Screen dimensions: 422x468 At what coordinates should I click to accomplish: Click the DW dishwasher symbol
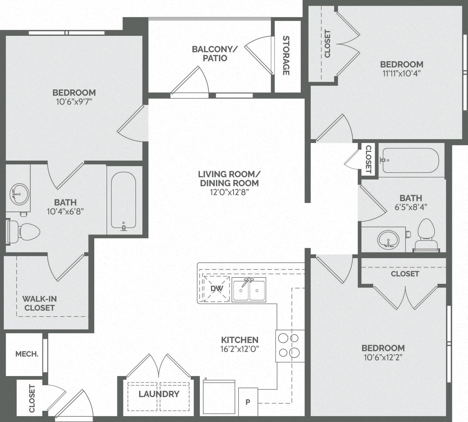[x=216, y=289]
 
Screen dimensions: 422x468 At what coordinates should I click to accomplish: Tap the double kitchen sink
[x=249, y=290]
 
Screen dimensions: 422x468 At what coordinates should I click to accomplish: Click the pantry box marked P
[x=248, y=402]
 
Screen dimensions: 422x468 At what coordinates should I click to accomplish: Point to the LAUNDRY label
[x=159, y=394]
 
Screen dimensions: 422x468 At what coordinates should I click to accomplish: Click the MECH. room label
[x=27, y=354]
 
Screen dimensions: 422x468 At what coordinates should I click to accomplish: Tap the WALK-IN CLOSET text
[x=39, y=303]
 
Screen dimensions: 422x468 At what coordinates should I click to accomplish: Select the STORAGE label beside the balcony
[x=286, y=55]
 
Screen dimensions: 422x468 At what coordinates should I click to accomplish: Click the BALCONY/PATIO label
[x=215, y=54]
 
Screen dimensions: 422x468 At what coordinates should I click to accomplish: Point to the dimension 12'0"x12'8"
[x=229, y=192]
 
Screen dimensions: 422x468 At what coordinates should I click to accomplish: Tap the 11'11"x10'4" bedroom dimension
[x=401, y=74]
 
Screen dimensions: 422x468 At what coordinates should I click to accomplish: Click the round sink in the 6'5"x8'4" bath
[x=388, y=239]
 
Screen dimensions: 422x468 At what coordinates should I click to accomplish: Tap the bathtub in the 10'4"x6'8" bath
[x=123, y=200]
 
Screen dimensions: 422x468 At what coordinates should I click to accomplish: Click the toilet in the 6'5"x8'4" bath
[x=426, y=234]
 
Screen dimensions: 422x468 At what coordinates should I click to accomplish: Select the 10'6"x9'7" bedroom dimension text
[x=74, y=102]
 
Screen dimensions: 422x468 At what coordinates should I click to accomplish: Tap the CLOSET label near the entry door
[x=32, y=398]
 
